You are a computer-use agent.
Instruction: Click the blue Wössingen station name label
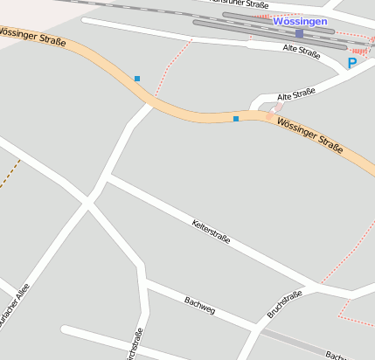tap(299, 21)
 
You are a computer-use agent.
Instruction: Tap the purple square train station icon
tap(299, 34)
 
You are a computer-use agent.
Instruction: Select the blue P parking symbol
tap(352, 63)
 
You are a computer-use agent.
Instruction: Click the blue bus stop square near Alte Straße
tap(236, 119)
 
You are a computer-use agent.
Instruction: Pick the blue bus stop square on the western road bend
tap(137, 79)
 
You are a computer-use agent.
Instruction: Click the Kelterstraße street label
tap(211, 232)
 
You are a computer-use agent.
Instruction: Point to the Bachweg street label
tap(199, 305)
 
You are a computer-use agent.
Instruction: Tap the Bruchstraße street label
tap(284, 304)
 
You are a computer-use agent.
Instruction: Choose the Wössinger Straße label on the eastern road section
tap(309, 137)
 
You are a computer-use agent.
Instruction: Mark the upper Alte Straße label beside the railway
tap(302, 51)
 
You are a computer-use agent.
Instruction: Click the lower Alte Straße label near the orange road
tap(295, 93)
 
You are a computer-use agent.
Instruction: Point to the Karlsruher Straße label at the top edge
tap(240, 3)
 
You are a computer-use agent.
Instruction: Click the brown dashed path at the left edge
tap(9, 173)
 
